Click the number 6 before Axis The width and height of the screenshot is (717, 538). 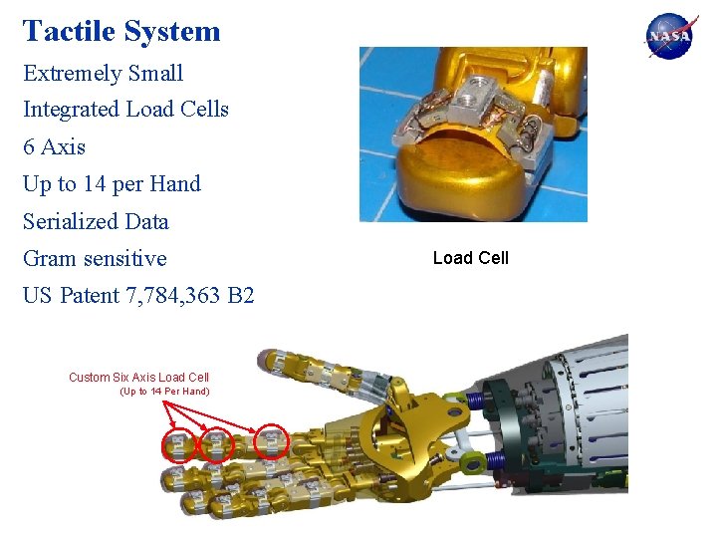(29, 146)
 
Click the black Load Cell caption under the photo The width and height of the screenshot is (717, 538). (470, 258)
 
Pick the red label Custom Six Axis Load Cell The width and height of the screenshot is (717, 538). (138, 377)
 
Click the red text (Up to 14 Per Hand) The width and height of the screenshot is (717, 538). (164, 392)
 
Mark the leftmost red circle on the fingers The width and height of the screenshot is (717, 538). (176, 446)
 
